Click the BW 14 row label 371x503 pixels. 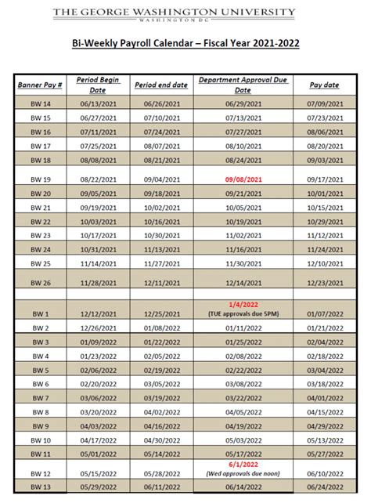click(41, 103)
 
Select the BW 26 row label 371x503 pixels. click(41, 282)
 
